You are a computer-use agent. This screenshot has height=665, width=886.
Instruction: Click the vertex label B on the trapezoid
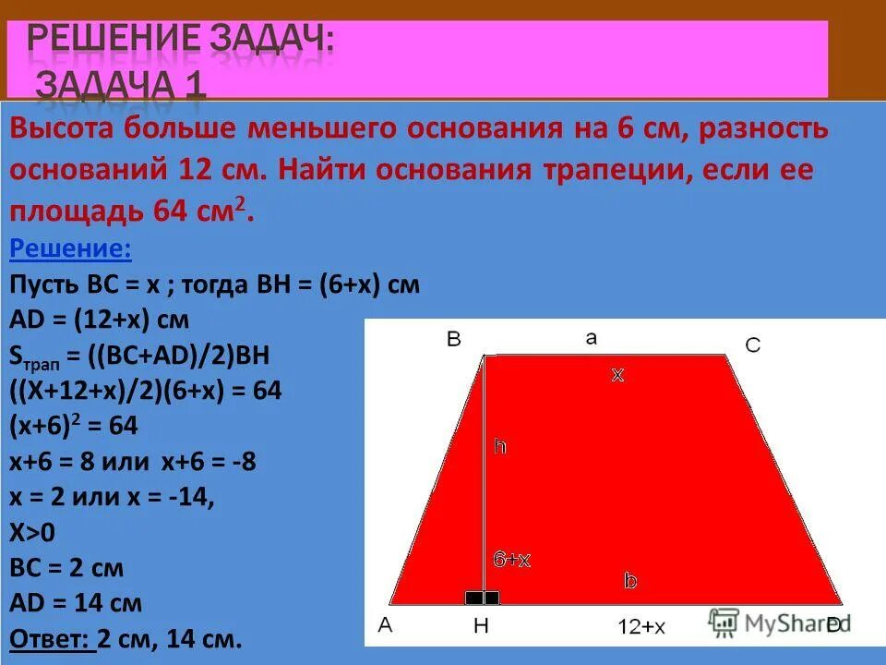tap(453, 339)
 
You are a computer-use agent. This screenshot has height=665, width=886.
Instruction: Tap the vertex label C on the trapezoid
tap(753, 345)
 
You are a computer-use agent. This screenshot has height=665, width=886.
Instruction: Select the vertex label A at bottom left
tap(385, 625)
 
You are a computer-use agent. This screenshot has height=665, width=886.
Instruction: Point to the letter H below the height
tap(481, 626)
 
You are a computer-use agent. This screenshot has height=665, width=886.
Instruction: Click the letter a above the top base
tap(591, 338)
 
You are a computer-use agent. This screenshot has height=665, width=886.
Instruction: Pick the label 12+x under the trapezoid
tap(641, 627)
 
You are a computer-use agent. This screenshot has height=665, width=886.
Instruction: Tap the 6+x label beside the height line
tap(511, 560)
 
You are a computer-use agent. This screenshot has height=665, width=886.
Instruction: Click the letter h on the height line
tap(499, 446)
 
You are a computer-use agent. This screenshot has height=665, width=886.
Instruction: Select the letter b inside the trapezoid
tap(630, 581)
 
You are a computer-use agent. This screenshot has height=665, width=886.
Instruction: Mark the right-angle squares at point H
tap(483, 598)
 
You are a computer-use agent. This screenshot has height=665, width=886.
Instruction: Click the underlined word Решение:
tap(70, 248)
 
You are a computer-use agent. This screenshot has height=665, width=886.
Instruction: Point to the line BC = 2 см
tap(66, 567)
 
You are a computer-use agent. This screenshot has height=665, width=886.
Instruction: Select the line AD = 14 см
tap(76, 603)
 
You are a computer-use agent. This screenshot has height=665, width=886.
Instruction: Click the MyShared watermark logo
tap(775, 623)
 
